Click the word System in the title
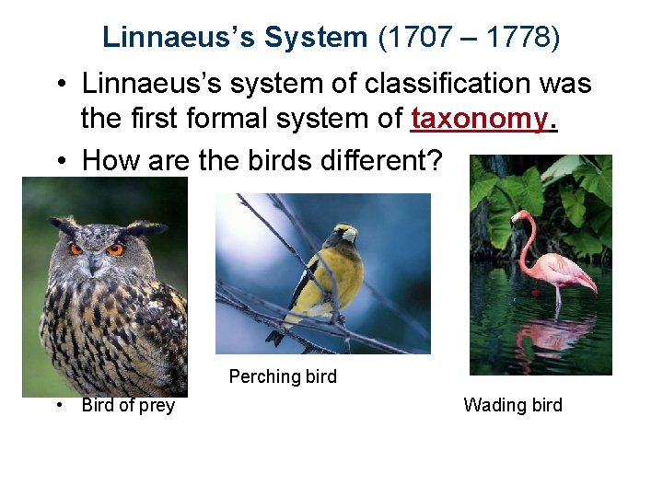click(315, 38)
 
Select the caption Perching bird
click(283, 376)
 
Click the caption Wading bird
click(513, 405)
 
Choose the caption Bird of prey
click(128, 406)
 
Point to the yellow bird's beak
click(350, 235)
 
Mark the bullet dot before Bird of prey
click(58, 406)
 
